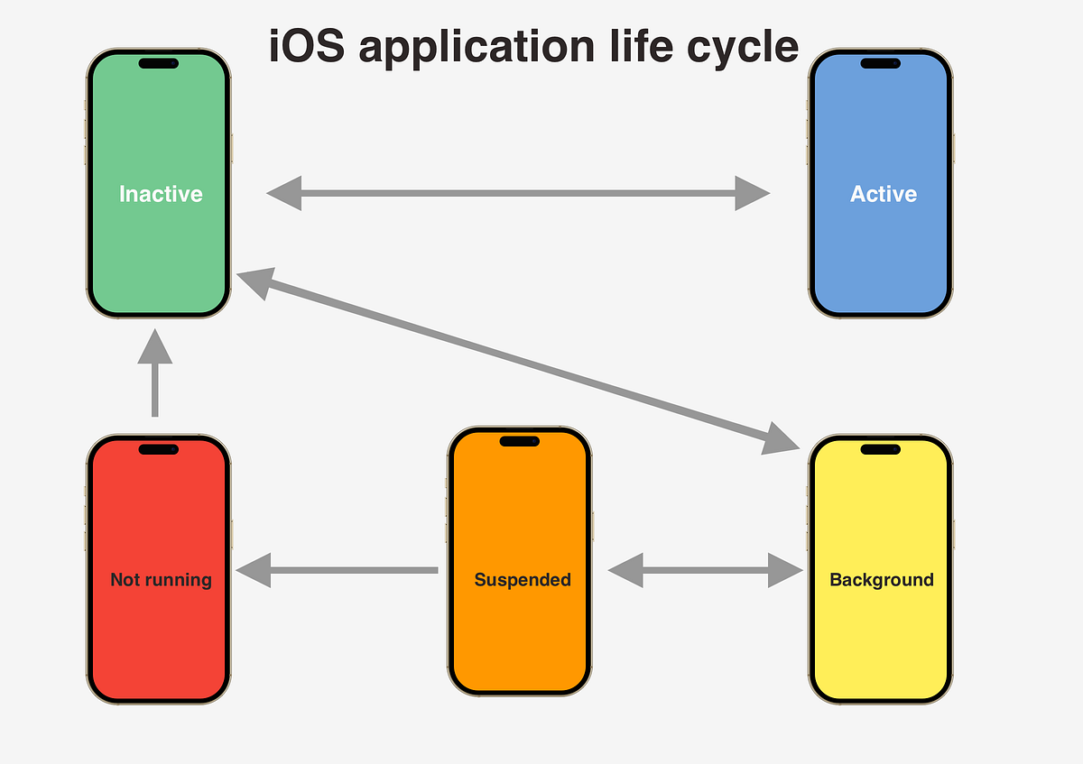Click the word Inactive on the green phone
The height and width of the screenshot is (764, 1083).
tap(161, 194)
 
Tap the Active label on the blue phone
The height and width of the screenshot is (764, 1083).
tap(883, 194)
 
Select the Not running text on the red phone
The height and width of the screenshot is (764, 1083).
tap(161, 580)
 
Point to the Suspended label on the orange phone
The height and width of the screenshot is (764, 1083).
tap(523, 580)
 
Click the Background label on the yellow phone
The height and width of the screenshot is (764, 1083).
tap(881, 580)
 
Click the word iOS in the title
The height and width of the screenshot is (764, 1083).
tap(301, 47)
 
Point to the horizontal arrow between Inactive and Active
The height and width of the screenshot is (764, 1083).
tap(518, 193)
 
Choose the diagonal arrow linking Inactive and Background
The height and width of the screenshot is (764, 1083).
tap(518, 361)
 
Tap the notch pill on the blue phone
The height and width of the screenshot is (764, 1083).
tap(880, 63)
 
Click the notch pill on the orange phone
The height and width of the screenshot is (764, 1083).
tap(519, 441)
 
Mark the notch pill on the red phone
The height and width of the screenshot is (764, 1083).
tap(158, 449)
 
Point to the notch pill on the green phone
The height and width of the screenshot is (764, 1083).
tap(158, 63)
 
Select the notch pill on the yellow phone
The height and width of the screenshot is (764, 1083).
tap(880, 449)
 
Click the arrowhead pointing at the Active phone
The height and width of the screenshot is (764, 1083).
tap(751, 193)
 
